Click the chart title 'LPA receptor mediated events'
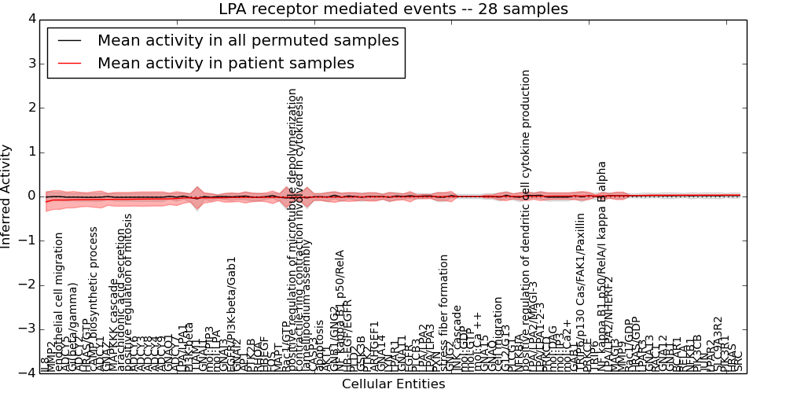(393, 9)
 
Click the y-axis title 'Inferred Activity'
(7, 196)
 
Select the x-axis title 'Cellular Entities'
(393, 384)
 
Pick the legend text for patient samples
(226, 63)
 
